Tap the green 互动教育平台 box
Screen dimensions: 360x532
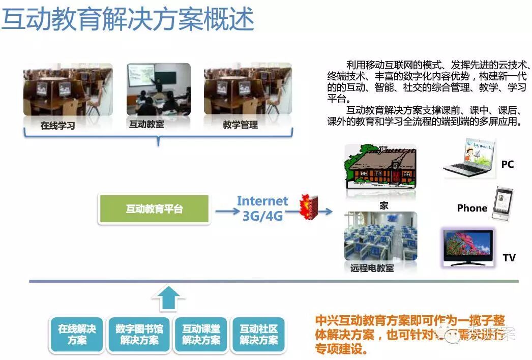(x=154, y=209)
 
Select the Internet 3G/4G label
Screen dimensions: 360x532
(x=262, y=208)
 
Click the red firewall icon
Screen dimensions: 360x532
(x=307, y=206)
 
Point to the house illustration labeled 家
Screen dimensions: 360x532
(x=381, y=166)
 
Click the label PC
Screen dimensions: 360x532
(x=507, y=164)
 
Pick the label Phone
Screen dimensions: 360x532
(x=472, y=208)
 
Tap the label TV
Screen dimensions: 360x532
(x=509, y=258)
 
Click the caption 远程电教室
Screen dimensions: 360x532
(x=372, y=267)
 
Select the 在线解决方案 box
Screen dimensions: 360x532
(x=77, y=334)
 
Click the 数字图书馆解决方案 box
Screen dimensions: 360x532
(x=139, y=334)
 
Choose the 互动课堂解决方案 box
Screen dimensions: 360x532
(x=201, y=334)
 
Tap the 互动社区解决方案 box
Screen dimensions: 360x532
(x=259, y=334)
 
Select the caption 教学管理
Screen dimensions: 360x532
(x=240, y=125)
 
